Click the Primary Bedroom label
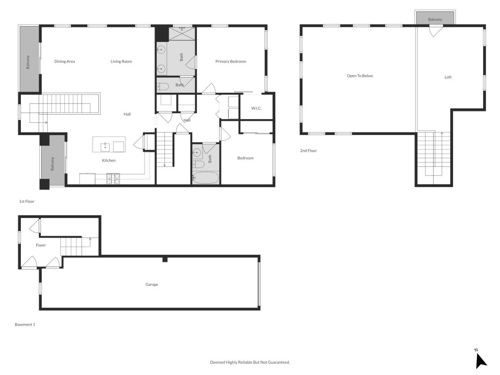tap(231, 61)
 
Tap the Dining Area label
tap(65, 61)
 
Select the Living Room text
tap(121, 61)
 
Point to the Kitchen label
tap(109, 160)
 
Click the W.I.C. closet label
tap(256, 108)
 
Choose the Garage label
tap(152, 284)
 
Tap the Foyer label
tap(41, 245)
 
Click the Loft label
tap(448, 77)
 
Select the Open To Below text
tap(360, 76)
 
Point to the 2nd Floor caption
tap(308, 151)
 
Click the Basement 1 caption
tap(25, 325)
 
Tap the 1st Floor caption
tap(27, 201)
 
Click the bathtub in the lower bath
tap(206, 178)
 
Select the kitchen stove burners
tap(113, 178)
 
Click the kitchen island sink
tap(105, 147)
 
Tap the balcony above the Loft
tap(435, 18)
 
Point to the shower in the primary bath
tap(182, 34)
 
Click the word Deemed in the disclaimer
tap(217, 362)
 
